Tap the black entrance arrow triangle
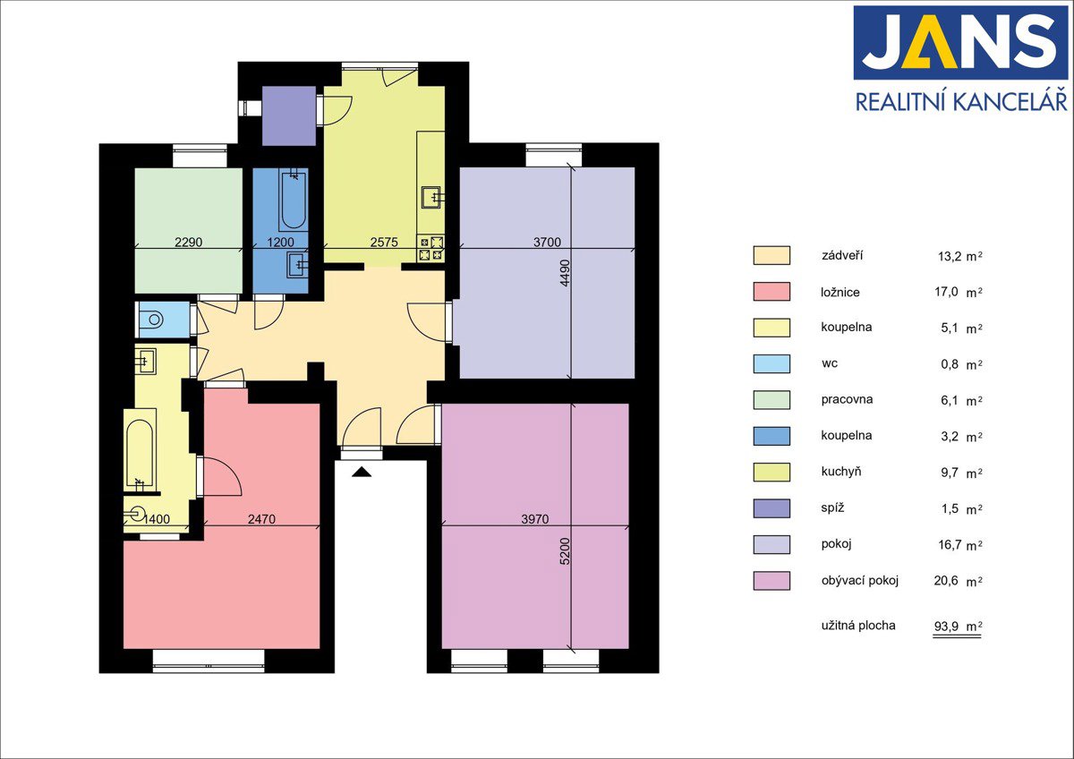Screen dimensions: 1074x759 [x=362, y=473]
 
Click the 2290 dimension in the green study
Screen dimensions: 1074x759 [x=189, y=243]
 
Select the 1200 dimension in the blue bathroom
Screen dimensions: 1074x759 [x=280, y=243]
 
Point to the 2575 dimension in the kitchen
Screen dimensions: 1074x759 [x=384, y=243]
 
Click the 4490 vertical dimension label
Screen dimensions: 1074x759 [x=566, y=273]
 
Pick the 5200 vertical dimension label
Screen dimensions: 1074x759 [x=566, y=551]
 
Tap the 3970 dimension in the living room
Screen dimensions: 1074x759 [x=534, y=519]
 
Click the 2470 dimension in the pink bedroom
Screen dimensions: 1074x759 [x=261, y=519]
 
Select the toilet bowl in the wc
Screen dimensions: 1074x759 [x=153, y=320]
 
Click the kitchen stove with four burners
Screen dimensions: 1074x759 [x=431, y=248]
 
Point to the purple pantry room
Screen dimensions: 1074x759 [x=289, y=115]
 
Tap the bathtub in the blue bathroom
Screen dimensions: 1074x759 [x=293, y=200]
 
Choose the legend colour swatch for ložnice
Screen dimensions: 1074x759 [x=771, y=292]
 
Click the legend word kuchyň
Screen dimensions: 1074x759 [x=841, y=472]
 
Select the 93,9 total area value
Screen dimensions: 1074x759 [x=947, y=627]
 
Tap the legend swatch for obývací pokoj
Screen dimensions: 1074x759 [x=771, y=581]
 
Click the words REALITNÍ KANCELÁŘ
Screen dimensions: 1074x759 [x=961, y=102]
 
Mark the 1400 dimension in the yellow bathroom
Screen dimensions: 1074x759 [x=157, y=519]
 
